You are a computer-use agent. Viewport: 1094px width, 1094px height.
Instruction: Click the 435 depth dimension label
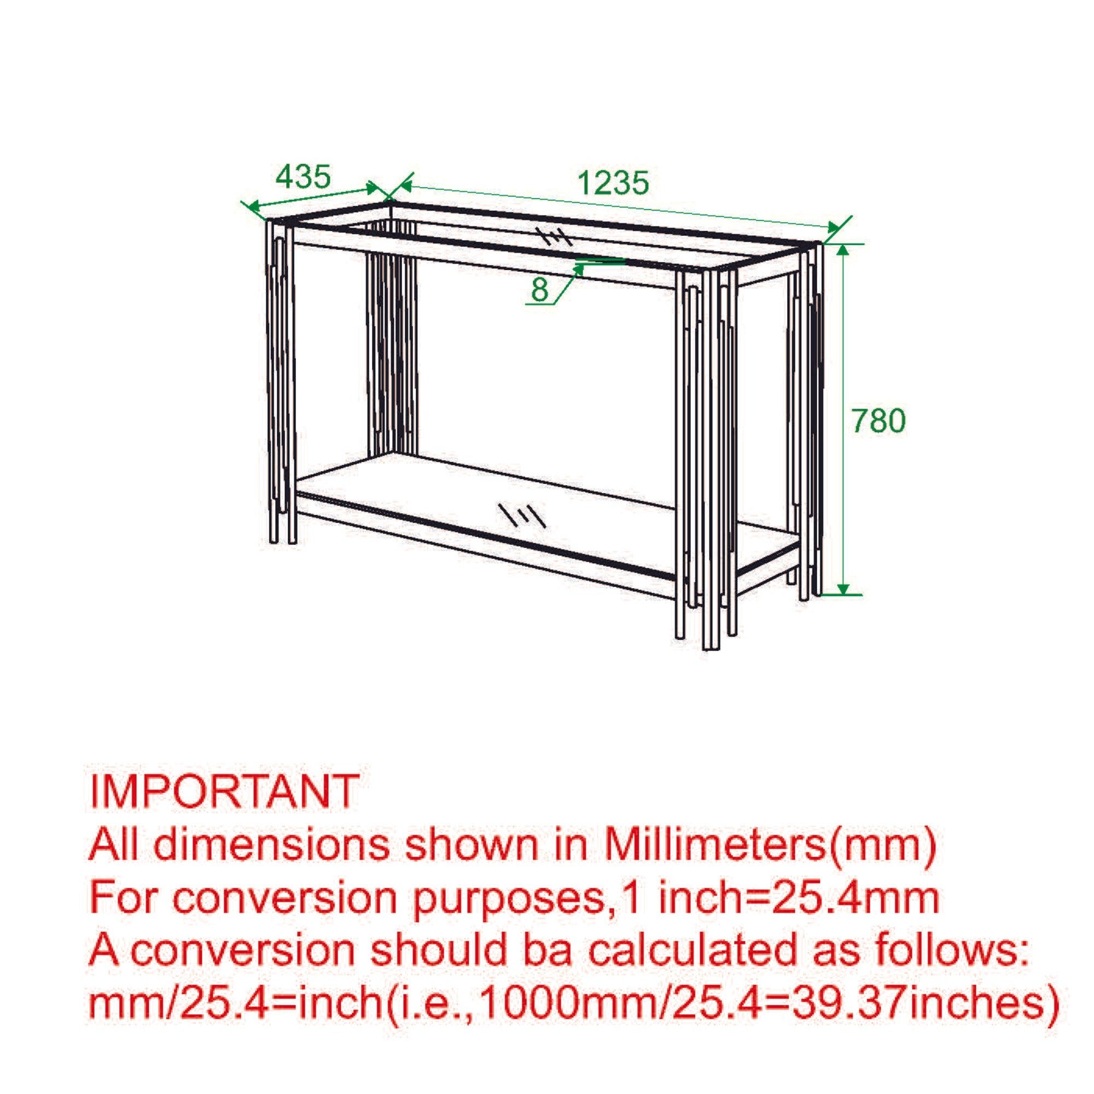pos(302,177)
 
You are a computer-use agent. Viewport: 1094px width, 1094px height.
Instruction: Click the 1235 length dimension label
pos(613,183)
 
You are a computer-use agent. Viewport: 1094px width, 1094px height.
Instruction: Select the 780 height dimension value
pos(878,421)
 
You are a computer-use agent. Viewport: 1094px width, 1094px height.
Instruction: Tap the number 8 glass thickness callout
pos(540,290)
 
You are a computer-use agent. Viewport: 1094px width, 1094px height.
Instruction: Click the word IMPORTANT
pos(224,791)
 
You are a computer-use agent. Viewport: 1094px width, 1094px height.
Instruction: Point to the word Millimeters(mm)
pos(770,844)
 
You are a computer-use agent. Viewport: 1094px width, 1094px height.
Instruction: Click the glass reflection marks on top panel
pos(554,237)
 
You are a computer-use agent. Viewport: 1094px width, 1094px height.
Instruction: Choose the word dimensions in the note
pos(271,844)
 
